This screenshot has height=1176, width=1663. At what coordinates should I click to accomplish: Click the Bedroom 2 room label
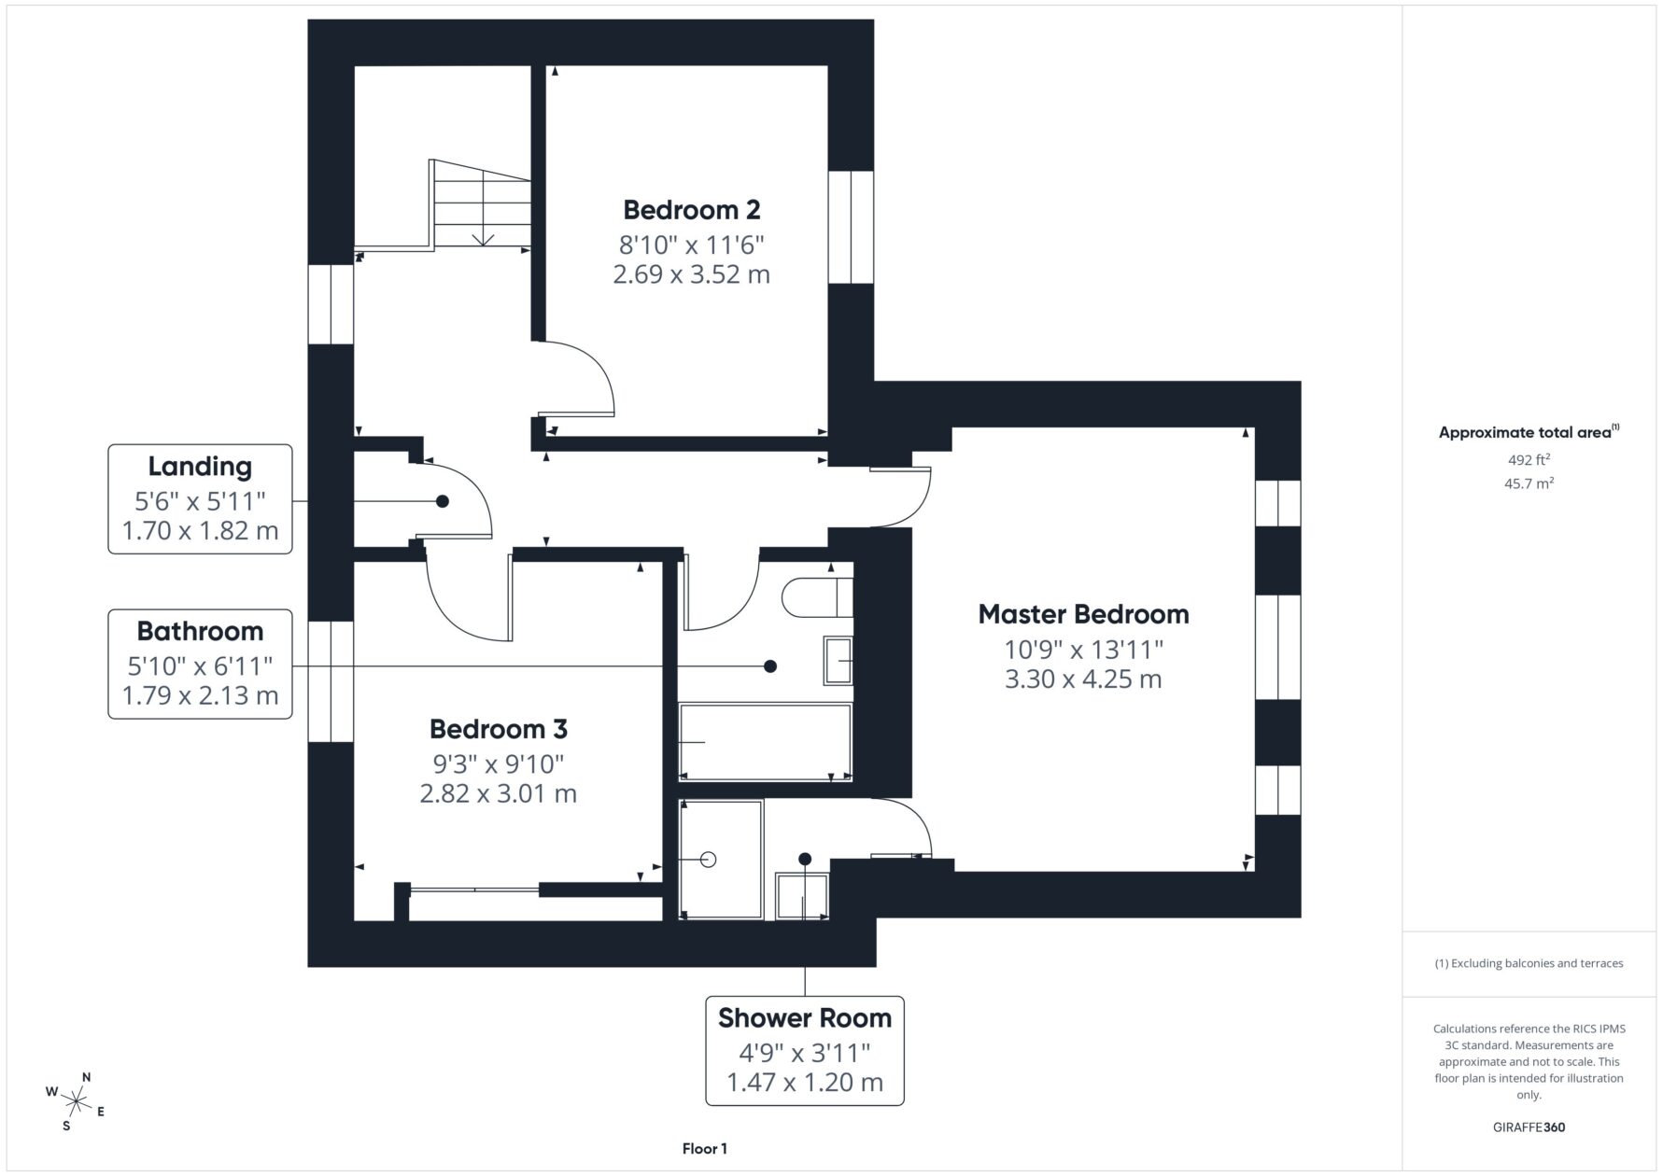692,209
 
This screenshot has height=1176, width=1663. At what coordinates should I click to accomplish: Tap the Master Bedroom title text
1083,614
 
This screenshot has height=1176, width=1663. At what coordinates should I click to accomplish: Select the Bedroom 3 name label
498,729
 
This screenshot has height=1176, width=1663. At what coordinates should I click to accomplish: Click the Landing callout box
200,499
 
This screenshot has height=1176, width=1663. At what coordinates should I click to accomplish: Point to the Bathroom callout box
200,665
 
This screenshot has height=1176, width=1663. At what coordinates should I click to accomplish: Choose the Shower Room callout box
805,1051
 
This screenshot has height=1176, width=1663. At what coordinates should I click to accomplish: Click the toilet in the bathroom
817,597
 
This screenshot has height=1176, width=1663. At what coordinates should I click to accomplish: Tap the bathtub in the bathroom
766,742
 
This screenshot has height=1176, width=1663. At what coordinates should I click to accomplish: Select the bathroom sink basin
838,661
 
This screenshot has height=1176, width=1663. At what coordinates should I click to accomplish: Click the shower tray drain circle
708,860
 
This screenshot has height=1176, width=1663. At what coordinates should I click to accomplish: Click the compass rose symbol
75,1101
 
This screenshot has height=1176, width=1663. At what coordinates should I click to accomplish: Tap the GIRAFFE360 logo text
1529,1127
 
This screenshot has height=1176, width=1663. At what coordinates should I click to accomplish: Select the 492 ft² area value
1529,459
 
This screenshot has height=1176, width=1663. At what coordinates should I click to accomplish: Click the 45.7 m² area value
1529,483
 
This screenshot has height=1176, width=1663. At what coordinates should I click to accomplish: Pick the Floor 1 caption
704,1149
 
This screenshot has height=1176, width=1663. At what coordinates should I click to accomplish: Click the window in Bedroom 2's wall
851,227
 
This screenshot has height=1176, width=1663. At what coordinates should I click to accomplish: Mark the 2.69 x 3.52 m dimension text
692,274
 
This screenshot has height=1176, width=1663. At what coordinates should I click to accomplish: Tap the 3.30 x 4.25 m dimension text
1083,679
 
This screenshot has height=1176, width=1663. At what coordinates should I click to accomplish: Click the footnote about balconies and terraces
1529,963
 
